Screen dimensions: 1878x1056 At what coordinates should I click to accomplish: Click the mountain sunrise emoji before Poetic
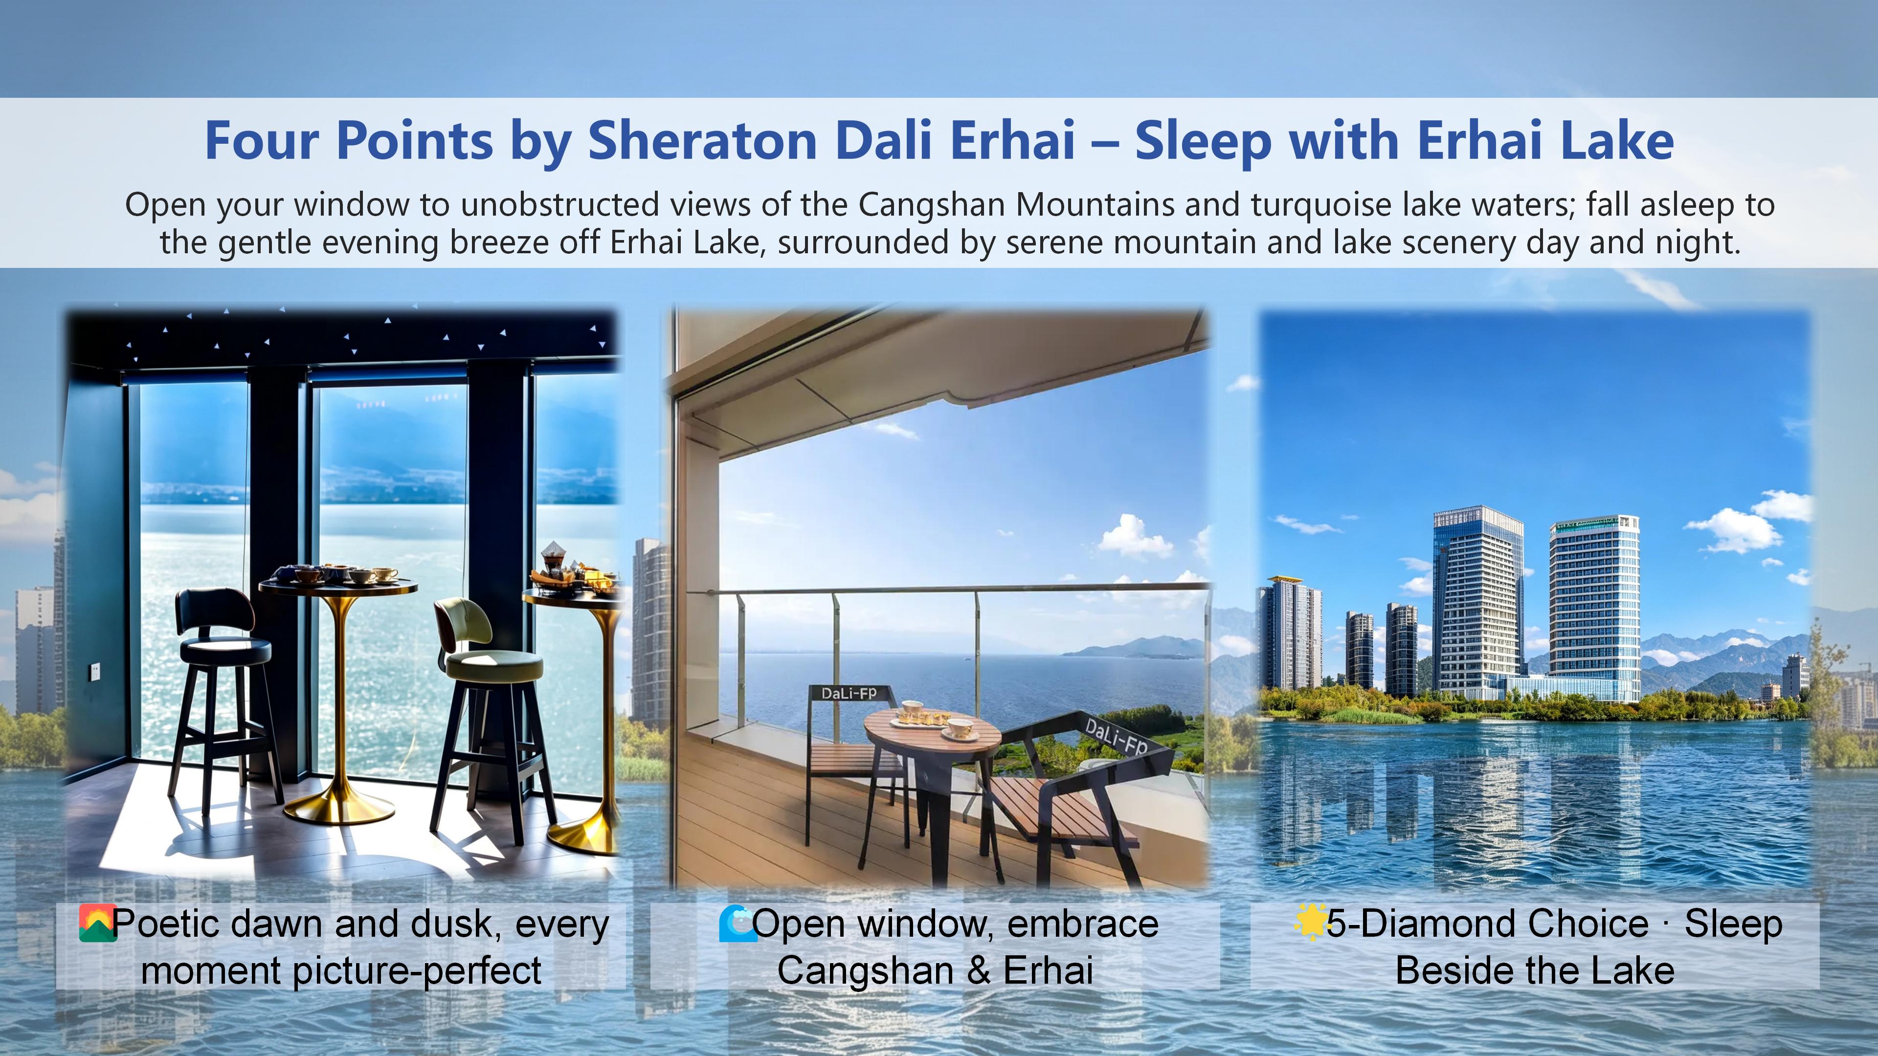click(97, 924)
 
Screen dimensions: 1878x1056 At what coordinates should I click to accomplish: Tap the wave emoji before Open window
click(737, 924)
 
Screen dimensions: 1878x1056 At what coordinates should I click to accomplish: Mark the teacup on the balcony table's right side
click(960, 728)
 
